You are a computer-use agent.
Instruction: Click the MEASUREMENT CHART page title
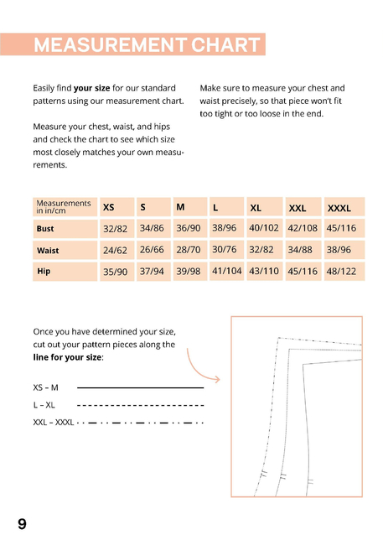coord(147,44)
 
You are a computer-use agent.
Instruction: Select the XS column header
coord(117,207)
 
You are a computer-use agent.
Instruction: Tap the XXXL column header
coord(344,207)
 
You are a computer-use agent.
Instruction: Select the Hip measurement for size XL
coord(265,271)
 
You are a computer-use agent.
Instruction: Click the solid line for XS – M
coord(141,387)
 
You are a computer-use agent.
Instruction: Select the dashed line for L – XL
coord(141,405)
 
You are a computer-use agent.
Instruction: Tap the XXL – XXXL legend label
coord(54,423)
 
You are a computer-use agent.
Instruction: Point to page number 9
coord(22,524)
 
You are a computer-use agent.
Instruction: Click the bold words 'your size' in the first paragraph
coord(91,88)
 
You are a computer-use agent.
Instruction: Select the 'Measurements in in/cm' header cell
coord(65,207)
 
